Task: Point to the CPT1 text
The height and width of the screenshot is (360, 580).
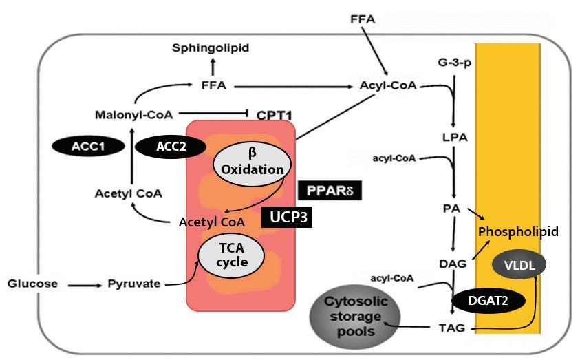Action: (275, 114)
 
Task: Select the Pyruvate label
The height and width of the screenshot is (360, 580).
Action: (133, 283)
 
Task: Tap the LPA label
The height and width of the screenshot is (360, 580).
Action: (454, 136)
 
